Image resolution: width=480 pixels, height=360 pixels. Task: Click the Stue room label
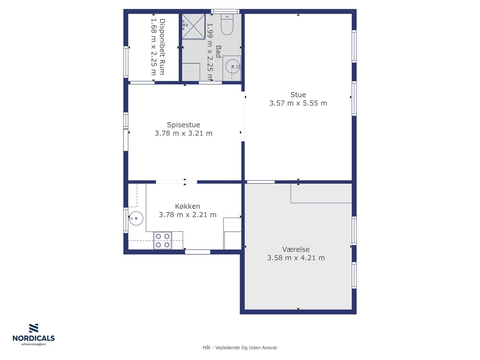tap(298, 95)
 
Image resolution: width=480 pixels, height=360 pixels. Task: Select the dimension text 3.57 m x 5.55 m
tap(298, 103)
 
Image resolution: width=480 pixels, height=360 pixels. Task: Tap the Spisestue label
tap(183, 125)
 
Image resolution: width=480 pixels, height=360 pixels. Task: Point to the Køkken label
tap(188, 206)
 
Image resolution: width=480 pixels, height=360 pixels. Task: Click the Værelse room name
tap(296, 249)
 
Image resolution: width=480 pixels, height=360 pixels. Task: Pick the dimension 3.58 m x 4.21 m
tap(296, 258)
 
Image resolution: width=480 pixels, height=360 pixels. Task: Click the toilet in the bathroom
tap(227, 24)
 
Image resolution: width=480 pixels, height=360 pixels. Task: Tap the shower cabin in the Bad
tap(194, 26)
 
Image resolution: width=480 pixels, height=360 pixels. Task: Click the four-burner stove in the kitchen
tap(163, 240)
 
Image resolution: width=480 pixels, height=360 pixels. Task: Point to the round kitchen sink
tap(136, 218)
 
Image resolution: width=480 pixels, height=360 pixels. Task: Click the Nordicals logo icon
tap(34, 328)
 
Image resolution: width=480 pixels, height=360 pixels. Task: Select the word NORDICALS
tap(34, 338)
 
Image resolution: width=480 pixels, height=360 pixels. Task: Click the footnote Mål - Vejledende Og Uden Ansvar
tap(240, 348)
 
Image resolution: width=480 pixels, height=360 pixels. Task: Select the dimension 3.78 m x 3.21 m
tap(183, 133)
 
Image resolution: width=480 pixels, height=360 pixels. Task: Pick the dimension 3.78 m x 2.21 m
tap(188, 215)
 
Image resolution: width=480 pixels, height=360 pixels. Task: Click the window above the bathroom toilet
tap(225, 11)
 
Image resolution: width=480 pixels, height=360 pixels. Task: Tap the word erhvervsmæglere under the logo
tap(34, 345)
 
